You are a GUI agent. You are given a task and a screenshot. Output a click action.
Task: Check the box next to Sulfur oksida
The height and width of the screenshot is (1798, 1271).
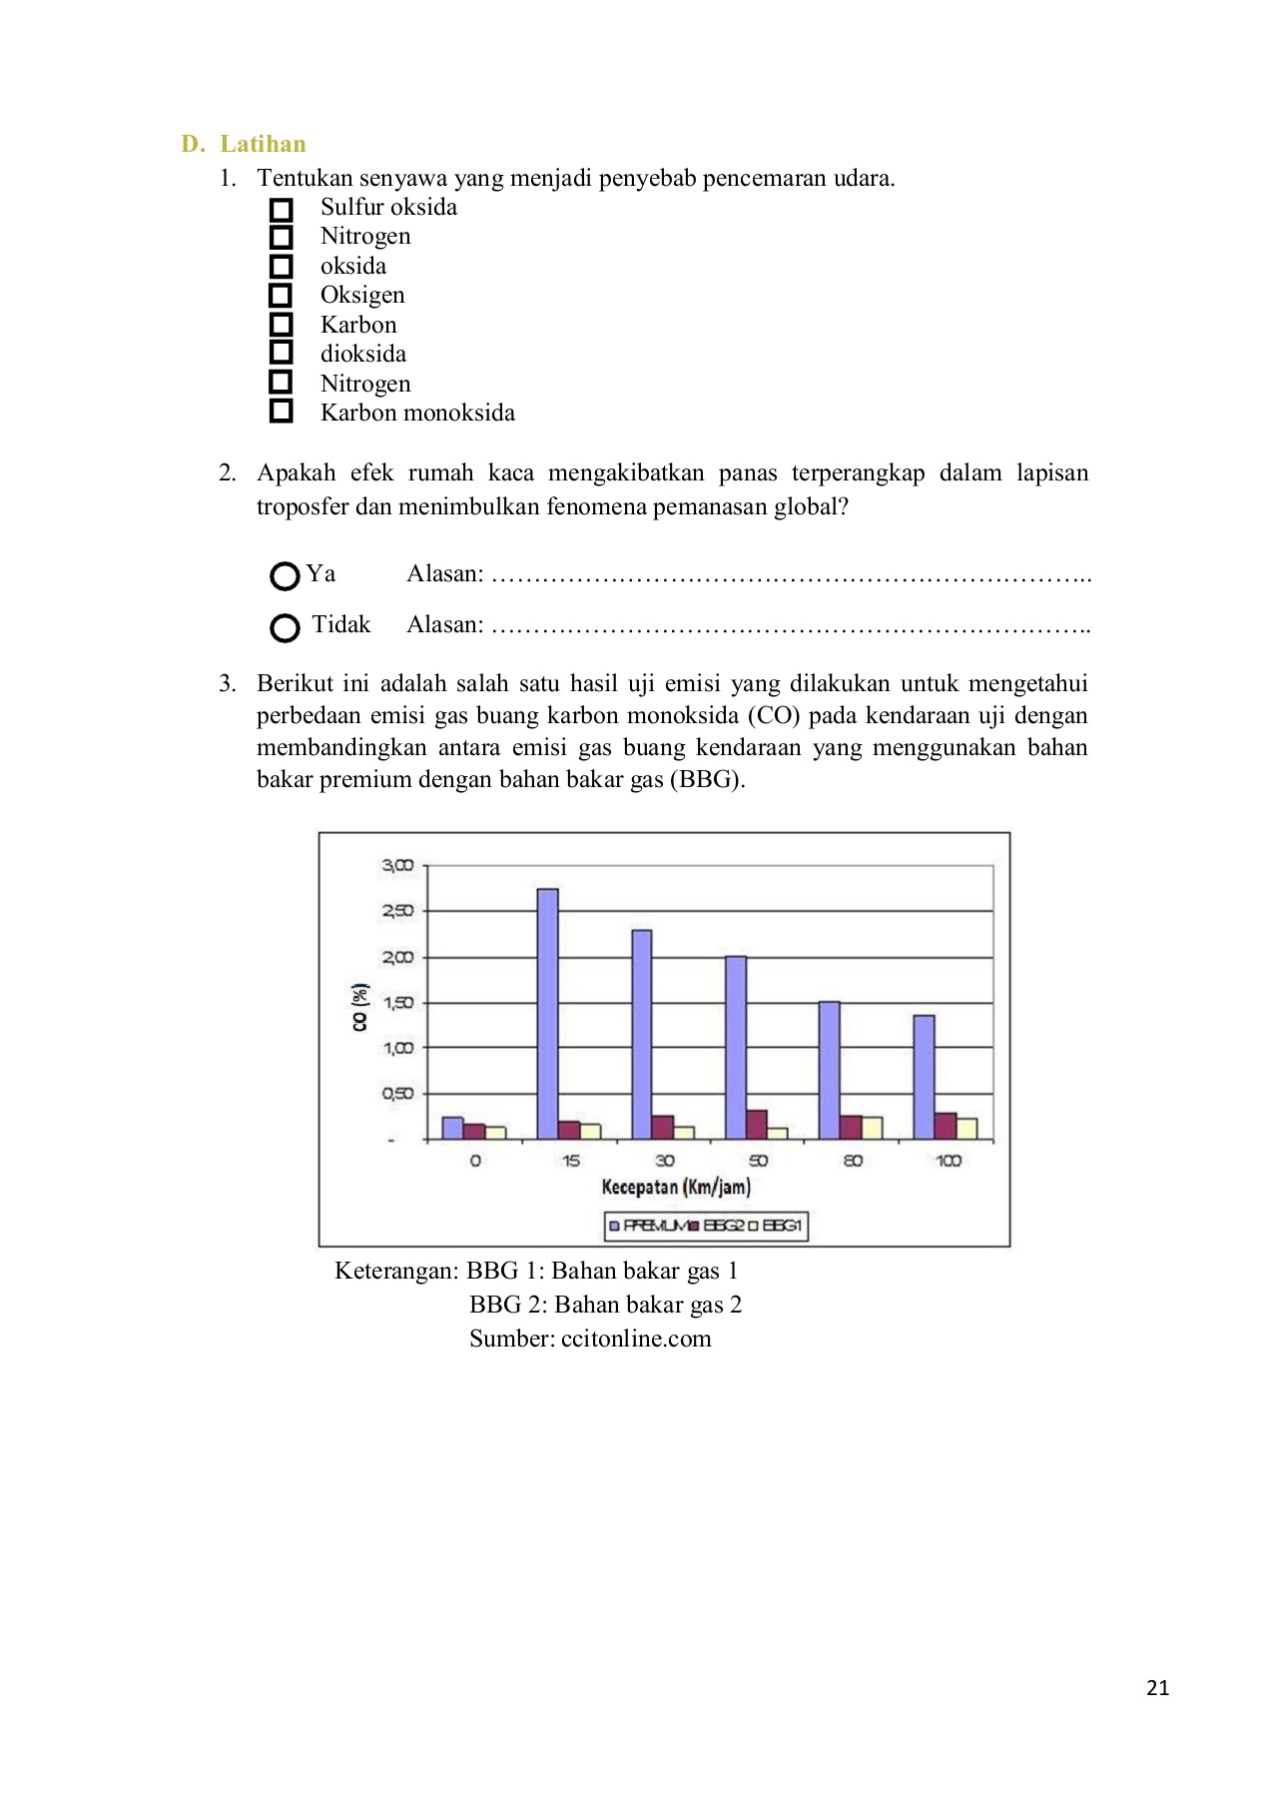[x=282, y=210]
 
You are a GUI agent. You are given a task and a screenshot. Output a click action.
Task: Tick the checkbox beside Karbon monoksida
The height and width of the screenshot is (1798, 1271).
[x=282, y=412]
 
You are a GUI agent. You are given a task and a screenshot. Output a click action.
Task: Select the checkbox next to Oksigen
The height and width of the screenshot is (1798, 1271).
[x=282, y=296]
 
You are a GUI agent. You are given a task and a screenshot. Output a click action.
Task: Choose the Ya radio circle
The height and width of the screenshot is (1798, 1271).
[x=285, y=576]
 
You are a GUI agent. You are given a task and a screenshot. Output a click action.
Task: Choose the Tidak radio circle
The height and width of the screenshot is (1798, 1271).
[x=285, y=627]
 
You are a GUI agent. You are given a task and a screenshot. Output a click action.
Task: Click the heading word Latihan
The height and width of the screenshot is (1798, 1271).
[x=263, y=144]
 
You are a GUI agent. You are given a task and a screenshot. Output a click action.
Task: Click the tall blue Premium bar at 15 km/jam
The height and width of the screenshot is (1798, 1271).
[x=547, y=1013]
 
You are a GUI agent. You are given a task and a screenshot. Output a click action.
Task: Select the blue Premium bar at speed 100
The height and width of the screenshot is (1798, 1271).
[x=924, y=1077]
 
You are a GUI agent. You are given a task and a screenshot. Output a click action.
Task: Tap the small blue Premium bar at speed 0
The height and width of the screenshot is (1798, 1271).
[x=452, y=1128]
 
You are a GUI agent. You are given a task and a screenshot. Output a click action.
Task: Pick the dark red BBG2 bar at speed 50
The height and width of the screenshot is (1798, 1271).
[x=757, y=1125]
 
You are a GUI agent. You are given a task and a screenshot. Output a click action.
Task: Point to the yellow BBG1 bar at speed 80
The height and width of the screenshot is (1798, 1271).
[x=872, y=1128]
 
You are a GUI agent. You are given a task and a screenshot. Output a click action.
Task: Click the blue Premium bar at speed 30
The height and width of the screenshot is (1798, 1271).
[x=641, y=1034]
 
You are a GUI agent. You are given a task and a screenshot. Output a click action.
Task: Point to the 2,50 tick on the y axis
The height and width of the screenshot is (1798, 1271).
[x=397, y=911]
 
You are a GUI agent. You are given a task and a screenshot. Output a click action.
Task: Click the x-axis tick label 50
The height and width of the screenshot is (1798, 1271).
[x=759, y=1161]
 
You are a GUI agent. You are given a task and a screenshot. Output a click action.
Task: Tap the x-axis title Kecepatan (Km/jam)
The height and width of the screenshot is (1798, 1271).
[x=676, y=1187]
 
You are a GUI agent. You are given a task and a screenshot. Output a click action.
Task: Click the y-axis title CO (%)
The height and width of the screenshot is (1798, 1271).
[x=359, y=1007]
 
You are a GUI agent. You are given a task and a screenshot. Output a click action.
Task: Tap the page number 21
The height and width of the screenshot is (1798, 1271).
[x=1157, y=1688]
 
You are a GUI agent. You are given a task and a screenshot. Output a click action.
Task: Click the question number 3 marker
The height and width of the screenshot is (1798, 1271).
[x=227, y=683]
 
